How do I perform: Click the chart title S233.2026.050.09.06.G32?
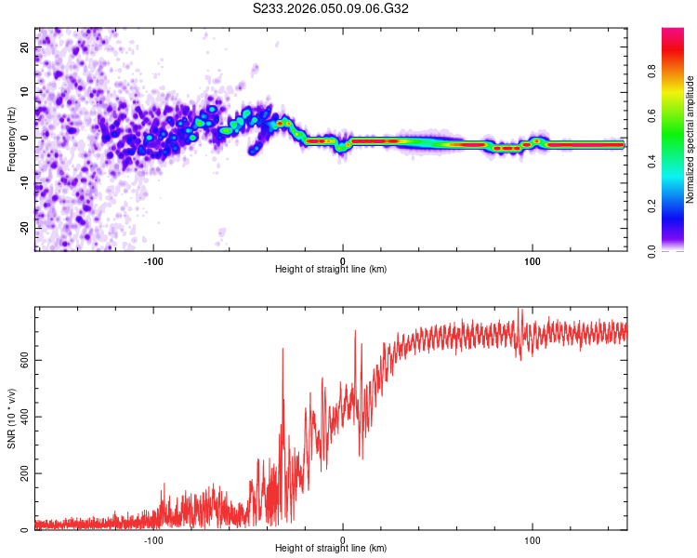[332, 9]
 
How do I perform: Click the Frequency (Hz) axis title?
[11, 139]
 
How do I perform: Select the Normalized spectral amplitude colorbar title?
[690, 139]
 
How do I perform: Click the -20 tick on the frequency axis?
[22, 228]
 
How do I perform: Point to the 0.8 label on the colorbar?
[677, 72]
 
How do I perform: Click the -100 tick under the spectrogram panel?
[153, 260]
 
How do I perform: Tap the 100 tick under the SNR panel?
[533, 540]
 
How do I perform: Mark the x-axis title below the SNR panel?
[331, 551]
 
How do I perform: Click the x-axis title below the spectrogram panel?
[331, 270]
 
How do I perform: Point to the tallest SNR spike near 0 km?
[355, 330]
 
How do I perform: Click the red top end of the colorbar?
[672, 33]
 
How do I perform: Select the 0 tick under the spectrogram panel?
[343, 260]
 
